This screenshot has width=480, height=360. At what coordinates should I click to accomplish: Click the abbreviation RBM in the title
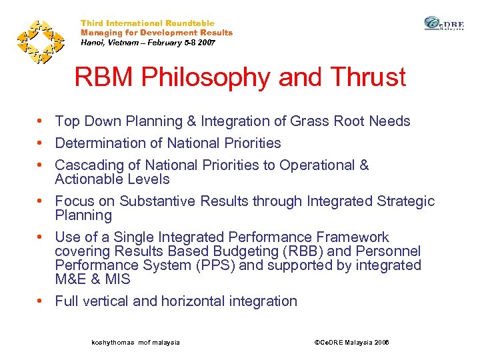(101, 77)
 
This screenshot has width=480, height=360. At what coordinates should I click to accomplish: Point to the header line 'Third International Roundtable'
(147, 23)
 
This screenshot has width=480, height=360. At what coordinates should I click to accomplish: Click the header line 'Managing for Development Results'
(157, 33)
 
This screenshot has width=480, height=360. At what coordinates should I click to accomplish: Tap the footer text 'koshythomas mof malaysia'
(135, 342)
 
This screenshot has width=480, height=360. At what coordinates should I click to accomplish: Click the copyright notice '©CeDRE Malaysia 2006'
(351, 342)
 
